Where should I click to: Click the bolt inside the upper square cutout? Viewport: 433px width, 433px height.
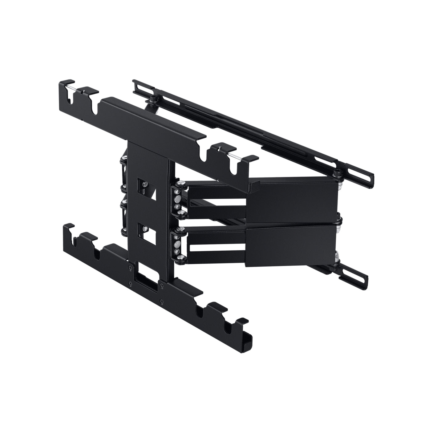(145, 185)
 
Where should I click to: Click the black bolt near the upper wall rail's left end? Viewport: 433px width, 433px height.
(152, 98)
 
